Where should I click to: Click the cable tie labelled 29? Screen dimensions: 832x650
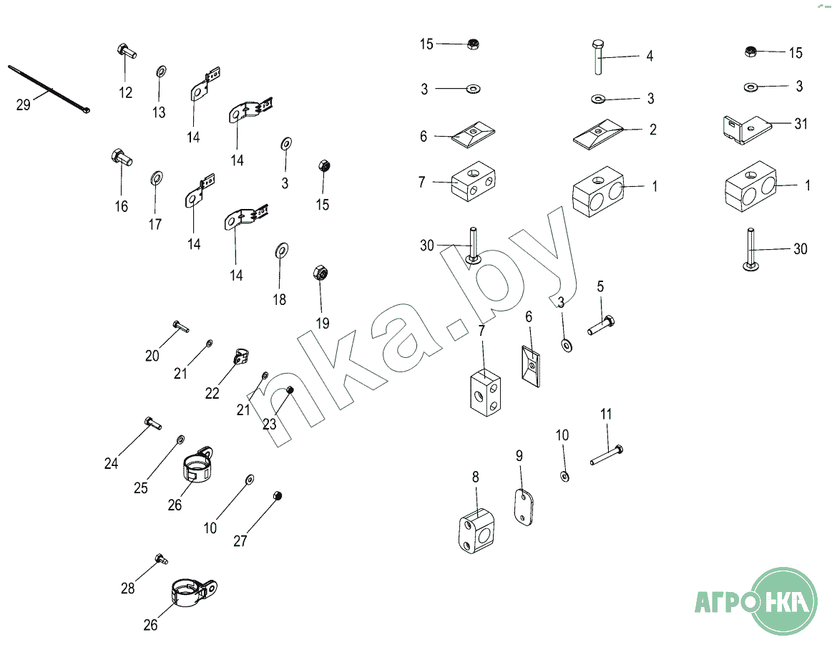pyautogui.click(x=49, y=89)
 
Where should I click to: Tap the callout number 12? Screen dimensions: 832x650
pyautogui.click(x=125, y=92)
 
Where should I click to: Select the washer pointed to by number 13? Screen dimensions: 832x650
pyautogui.click(x=161, y=71)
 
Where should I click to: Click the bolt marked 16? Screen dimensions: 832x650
pyautogui.click(x=122, y=157)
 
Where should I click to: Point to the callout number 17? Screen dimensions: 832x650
pyautogui.click(x=155, y=224)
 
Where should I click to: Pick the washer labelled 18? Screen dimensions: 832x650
pyautogui.click(x=282, y=250)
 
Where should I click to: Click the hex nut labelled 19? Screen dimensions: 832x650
pyautogui.click(x=320, y=273)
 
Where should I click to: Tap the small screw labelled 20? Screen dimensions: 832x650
pyautogui.click(x=181, y=326)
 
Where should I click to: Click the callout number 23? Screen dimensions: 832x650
pyautogui.click(x=270, y=424)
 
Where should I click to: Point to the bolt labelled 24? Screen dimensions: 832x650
pyautogui.click(x=153, y=423)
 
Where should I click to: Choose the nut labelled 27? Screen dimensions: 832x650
pyautogui.click(x=276, y=496)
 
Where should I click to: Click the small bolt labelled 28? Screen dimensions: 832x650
pyautogui.click(x=161, y=558)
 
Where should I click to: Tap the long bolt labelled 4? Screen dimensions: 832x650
pyautogui.click(x=598, y=57)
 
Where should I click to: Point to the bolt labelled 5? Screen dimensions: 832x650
pyautogui.click(x=602, y=324)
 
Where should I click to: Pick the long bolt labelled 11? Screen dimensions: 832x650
pyautogui.click(x=607, y=455)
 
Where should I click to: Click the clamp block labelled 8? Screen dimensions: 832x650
pyautogui.click(x=477, y=531)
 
